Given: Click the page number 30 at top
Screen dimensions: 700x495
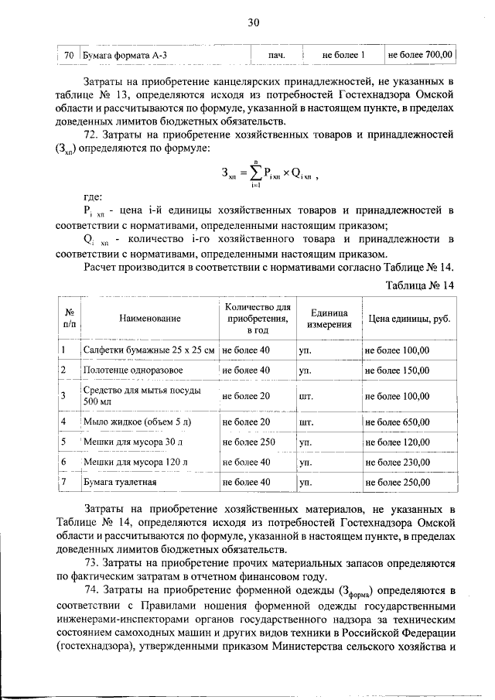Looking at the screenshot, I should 251,22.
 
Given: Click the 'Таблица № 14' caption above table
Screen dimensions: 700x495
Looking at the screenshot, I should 418,285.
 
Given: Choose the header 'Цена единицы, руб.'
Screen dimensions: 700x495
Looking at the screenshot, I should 408,319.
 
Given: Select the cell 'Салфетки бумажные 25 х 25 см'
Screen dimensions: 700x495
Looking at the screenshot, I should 148,350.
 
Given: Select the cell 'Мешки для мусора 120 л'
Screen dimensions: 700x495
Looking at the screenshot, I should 135,462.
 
